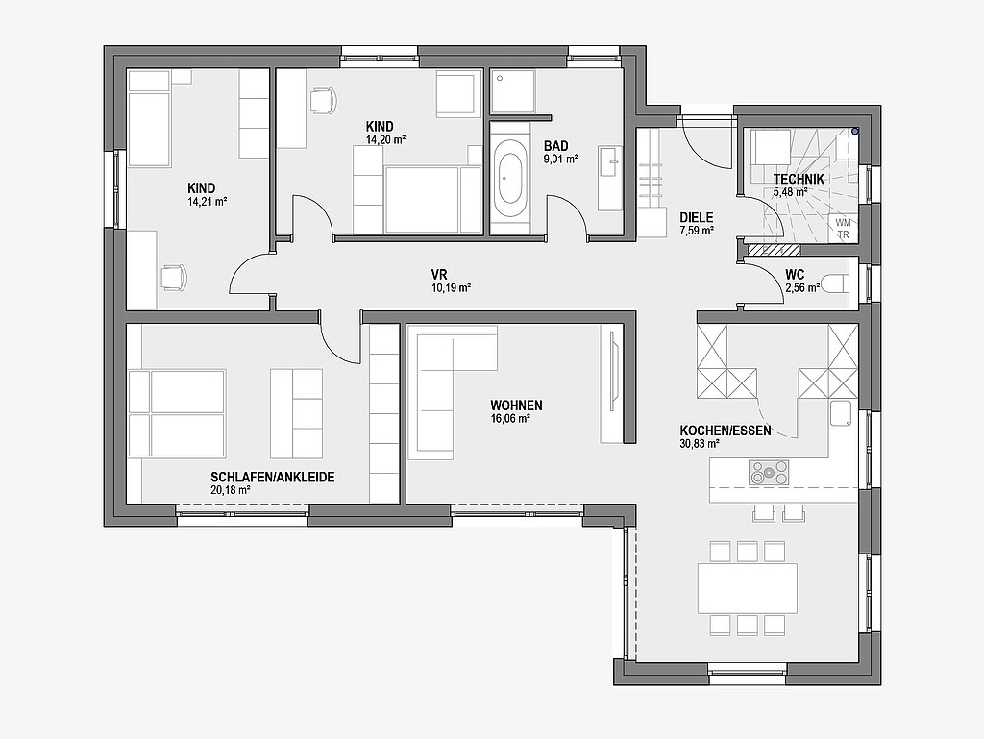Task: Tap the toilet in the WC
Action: click(836, 283)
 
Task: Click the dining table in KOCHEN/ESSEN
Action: click(748, 588)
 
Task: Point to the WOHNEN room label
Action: click(516, 406)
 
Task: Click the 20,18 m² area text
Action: click(231, 490)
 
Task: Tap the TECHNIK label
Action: click(799, 180)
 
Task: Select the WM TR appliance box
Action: click(843, 229)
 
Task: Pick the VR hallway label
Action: click(438, 275)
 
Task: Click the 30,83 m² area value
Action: click(700, 444)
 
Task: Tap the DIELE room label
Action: click(697, 218)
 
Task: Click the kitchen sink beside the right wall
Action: click(841, 415)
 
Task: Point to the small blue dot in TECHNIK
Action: click(854, 132)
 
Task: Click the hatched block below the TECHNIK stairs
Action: click(774, 250)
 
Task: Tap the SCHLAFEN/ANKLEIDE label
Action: click(272, 478)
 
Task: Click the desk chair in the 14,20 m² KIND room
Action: click(323, 100)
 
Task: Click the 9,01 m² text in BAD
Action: click(560, 159)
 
